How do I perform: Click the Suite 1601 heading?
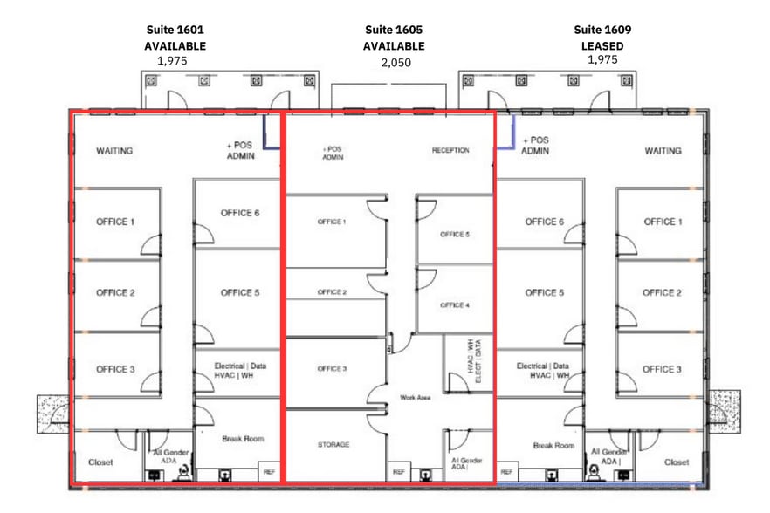tap(175, 30)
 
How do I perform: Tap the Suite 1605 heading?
tap(395, 30)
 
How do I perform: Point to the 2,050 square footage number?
tap(395, 63)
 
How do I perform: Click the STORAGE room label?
tap(333, 445)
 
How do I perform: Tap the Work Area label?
tap(416, 398)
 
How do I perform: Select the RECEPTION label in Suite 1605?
tap(450, 151)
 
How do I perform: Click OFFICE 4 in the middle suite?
tap(453, 305)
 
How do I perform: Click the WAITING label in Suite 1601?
tap(114, 151)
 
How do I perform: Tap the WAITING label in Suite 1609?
tap(663, 151)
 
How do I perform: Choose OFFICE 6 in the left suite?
tap(239, 213)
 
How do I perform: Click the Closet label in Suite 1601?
tap(100, 462)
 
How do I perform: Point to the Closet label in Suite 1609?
tap(677, 462)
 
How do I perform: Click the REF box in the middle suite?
tap(399, 472)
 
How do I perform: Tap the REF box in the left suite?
tap(268, 472)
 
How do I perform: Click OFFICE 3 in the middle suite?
tap(332, 369)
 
